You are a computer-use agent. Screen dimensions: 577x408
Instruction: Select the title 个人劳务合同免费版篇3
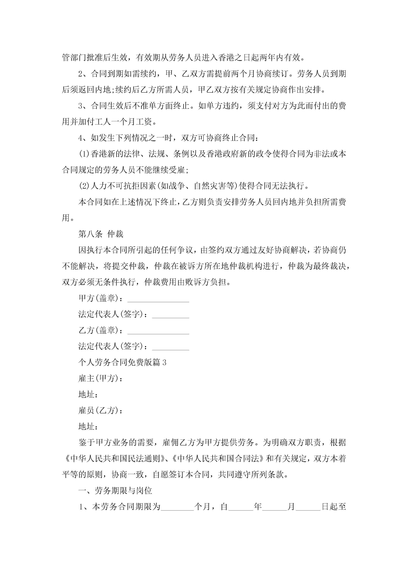coord(122,362)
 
